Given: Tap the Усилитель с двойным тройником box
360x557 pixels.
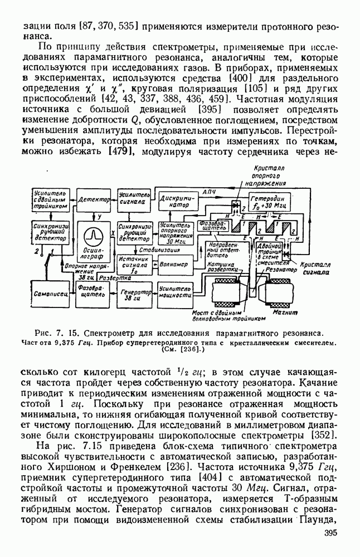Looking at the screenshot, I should point(50,199).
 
